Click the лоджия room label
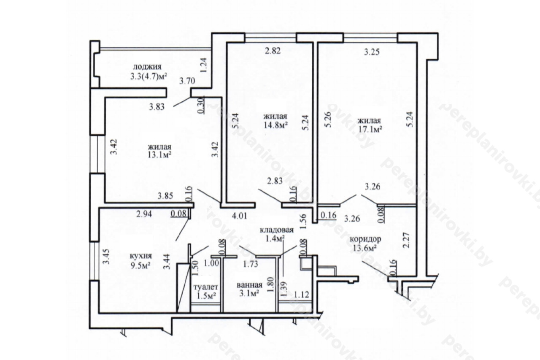(147, 67)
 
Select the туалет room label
(206, 287)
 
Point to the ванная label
(249, 285)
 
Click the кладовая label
(277, 230)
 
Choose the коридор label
(365, 239)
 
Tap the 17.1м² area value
(370, 130)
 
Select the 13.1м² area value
(159, 154)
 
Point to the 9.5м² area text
(140, 265)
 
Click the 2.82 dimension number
(273, 51)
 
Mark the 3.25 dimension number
(372, 52)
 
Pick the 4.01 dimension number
(239, 216)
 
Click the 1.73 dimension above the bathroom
(251, 264)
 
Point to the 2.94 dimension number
(144, 214)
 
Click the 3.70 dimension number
(187, 81)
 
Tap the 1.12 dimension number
(302, 294)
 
